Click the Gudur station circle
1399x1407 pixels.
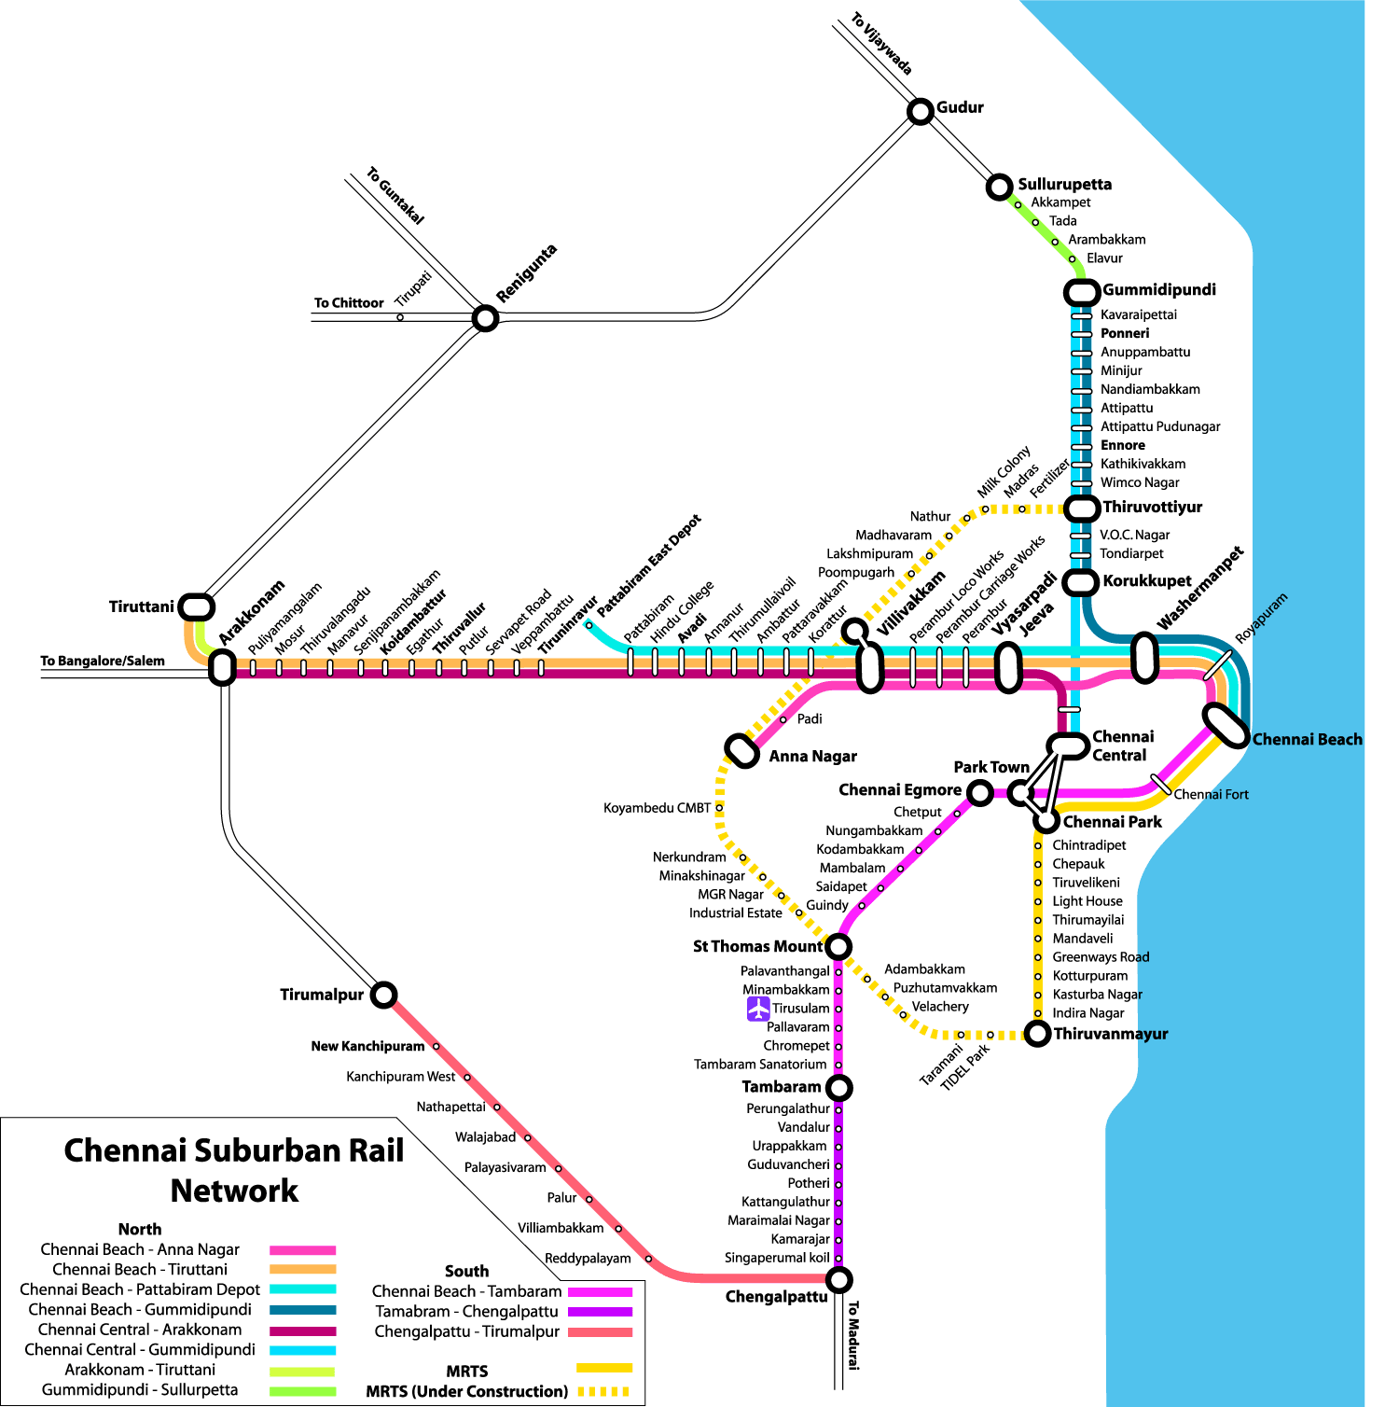click(x=921, y=111)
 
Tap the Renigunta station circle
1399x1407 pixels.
click(x=485, y=318)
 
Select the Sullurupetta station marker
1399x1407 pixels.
click(x=1000, y=186)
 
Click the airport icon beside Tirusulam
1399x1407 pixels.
click(x=758, y=1009)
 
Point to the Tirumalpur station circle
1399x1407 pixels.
click(x=384, y=995)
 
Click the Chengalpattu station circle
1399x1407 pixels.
click(x=839, y=1278)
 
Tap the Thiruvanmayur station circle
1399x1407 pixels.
click(x=1037, y=1033)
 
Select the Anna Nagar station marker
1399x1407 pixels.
click(x=742, y=750)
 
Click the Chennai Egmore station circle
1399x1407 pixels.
click(x=979, y=792)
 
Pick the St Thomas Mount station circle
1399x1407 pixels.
click(x=838, y=946)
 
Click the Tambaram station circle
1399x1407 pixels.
click(x=839, y=1087)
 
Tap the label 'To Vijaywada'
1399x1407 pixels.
click(x=881, y=44)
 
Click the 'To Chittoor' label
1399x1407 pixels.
click(x=349, y=303)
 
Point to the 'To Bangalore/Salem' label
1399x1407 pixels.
click(x=103, y=661)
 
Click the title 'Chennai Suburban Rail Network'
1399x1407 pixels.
click(x=234, y=1170)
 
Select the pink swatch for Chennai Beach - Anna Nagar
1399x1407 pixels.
click(x=302, y=1249)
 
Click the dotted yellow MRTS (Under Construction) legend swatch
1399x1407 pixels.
click(x=604, y=1391)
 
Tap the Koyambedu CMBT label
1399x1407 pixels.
click(x=657, y=808)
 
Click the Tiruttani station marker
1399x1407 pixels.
click(x=196, y=606)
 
